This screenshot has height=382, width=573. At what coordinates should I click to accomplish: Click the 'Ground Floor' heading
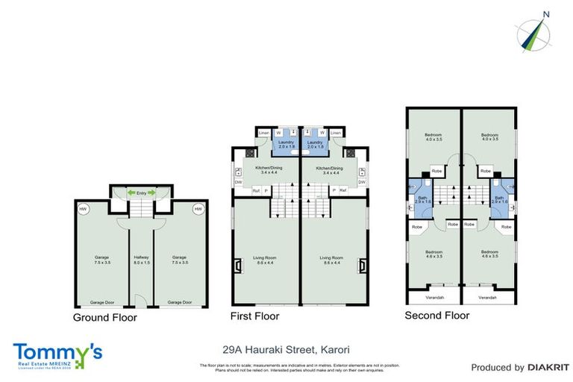coord(104,317)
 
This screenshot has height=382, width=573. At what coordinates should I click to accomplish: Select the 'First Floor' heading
coord(255,316)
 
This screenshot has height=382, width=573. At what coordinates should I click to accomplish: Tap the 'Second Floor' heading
coord(436,316)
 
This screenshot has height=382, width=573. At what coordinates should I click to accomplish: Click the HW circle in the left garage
coord(83,210)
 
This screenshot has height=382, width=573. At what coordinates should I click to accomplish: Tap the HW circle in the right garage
coord(198,210)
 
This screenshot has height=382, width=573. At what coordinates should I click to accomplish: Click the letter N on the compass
coord(546,13)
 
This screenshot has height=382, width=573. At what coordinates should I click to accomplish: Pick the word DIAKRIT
coord(549,367)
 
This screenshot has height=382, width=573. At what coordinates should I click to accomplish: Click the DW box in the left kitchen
coord(238,181)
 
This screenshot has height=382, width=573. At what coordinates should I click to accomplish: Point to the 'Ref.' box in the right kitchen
coord(342,190)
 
